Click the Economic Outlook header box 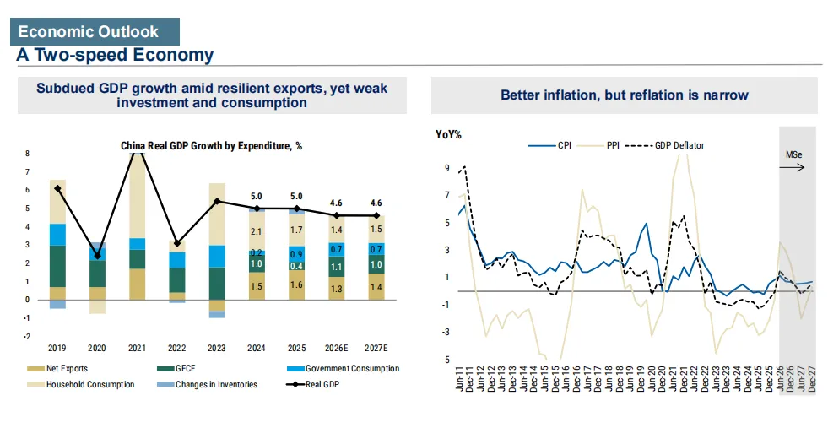[x=95, y=32]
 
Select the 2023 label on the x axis [x=217, y=348]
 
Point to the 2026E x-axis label [x=337, y=348]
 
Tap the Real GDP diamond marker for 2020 [x=97, y=256]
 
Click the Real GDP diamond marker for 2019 [x=57, y=188]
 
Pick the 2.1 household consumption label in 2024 [x=256, y=231]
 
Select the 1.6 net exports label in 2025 [x=297, y=284]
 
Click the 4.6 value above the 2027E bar [x=376, y=203]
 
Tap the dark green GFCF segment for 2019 [x=57, y=266]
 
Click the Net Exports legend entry [x=57, y=369]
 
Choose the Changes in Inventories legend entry [x=207, y=385]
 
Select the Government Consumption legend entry [x=344, y=369]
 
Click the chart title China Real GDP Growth [x=211, y=146]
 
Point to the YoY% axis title [x=448, y=135]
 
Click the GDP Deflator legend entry [x=665, y=145]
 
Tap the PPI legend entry [x=598, y=145]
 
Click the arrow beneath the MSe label [x=792, y=167]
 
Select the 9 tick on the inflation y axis [x=447, y=169]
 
